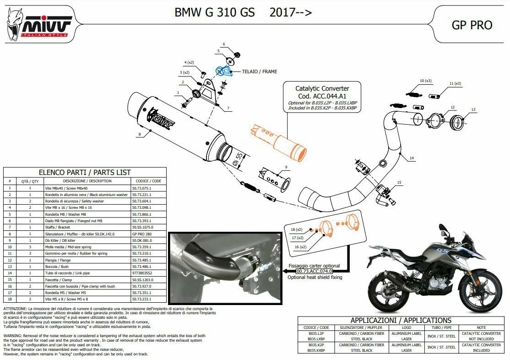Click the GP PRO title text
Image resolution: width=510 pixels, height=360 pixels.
click(472, 25)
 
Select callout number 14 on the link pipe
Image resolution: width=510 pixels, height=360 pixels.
click(412, 158)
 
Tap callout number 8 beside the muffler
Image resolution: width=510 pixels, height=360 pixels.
click(139, 135)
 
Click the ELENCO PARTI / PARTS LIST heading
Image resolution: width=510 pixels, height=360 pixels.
click(85, 172)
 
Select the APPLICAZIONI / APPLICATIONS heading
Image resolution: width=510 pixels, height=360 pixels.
click(401, 321)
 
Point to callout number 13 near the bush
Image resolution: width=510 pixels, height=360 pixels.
click(473, 109)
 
